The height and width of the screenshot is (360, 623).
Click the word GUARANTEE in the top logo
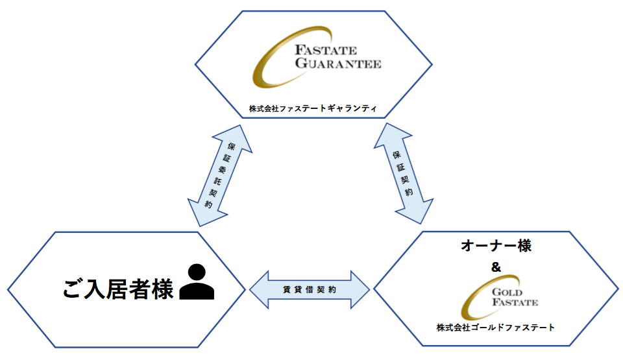pyautogui.click(x=338, y=64)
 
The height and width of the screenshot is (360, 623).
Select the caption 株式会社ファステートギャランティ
pyautogui.click(x=313, y=108)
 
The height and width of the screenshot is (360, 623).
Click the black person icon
pyautogui.click(x=197, y=283)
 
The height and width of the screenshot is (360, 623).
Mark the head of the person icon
pyautogui.click(x=197, y=272)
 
